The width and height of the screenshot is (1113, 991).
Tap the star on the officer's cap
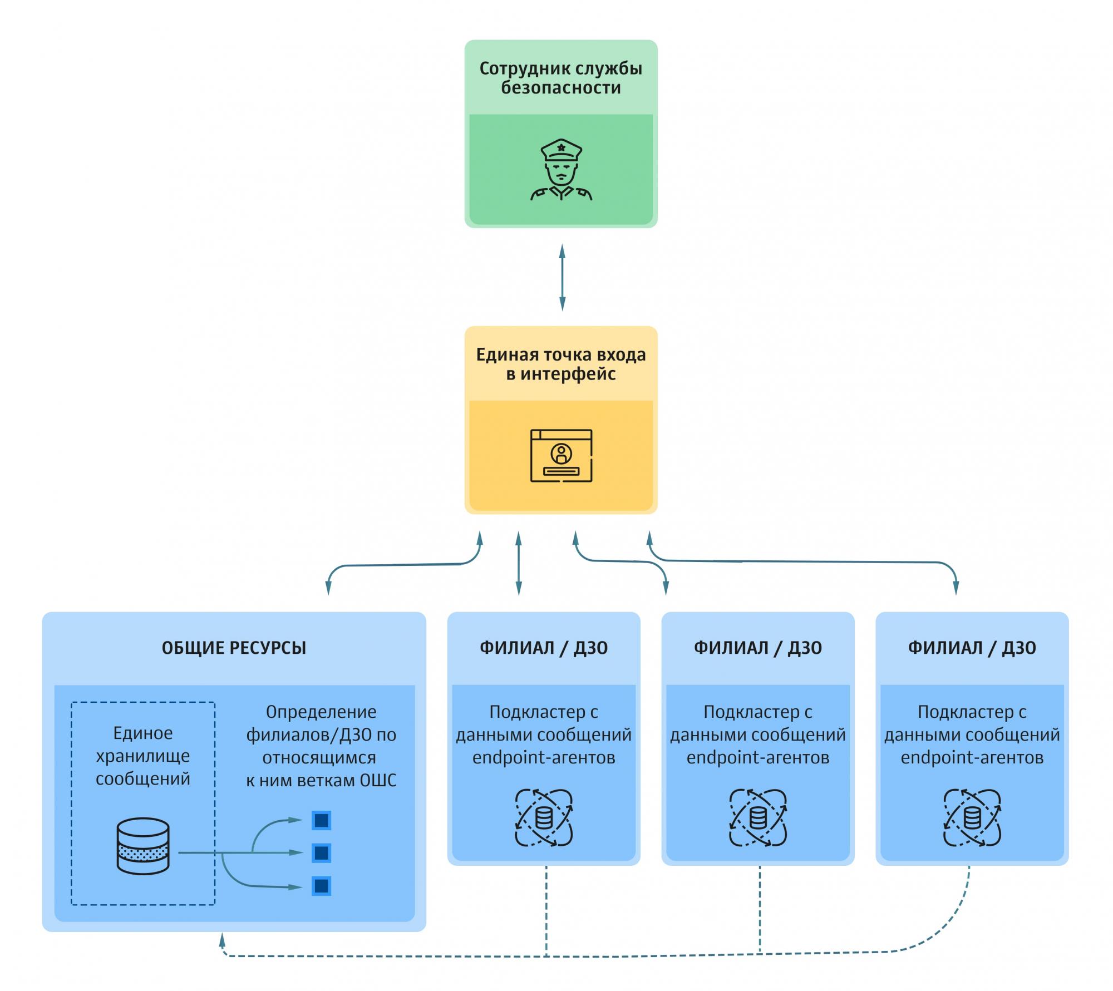561,147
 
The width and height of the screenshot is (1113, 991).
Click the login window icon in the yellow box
561,455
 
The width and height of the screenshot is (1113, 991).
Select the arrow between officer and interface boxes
562,277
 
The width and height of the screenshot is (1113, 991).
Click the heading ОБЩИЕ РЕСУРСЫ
234,648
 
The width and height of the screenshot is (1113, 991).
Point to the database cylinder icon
143,846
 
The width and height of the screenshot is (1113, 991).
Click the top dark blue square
321,820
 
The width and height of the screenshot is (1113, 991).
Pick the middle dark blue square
321,853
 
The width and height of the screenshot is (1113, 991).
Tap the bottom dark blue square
321,886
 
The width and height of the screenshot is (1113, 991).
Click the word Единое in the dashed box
143,733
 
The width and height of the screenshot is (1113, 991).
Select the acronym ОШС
378,780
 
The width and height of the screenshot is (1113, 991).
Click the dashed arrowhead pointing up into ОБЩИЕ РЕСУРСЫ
222,940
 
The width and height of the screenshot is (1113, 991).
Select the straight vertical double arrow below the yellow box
519,563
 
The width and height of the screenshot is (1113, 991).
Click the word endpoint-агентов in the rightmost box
972,757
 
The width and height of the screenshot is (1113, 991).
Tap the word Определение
321,712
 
